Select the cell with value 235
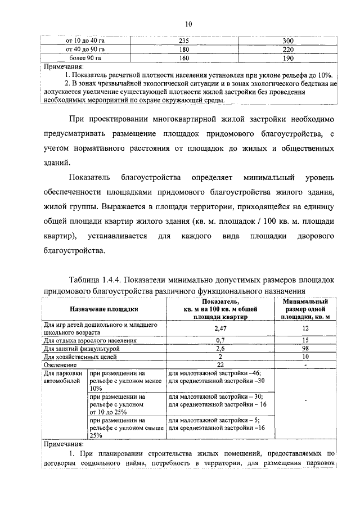(x=184, y=41)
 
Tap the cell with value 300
(x=288, y=41)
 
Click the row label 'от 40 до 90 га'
(x=85, y=49)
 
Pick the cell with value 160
(x=184, y=57)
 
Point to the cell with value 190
(x=288, y=57)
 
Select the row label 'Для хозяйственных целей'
(x=80, y=357)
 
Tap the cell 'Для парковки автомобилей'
(x=63, y=377)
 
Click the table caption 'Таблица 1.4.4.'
(x=95, y=280)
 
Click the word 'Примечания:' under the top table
(x=64, y=66)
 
